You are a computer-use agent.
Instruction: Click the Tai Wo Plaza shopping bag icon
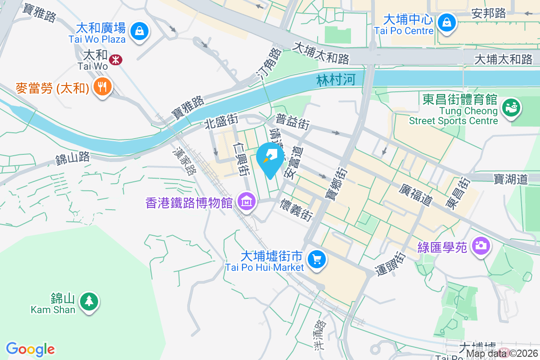(140, 31)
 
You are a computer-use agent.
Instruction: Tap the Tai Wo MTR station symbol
(116, 59)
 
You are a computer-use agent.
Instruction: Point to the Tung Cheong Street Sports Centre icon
(512, 107)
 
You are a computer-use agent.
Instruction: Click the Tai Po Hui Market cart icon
(317, 260)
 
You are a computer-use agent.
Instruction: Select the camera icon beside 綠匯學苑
(481, 245)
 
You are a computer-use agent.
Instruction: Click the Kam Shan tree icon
(89, 301)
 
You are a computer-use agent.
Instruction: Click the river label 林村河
(336, 80)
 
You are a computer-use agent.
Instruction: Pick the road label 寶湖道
(510, 179)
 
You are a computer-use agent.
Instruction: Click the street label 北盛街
(221, 121)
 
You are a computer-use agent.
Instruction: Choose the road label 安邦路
(489, 13)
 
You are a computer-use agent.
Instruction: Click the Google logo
(31, 349)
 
